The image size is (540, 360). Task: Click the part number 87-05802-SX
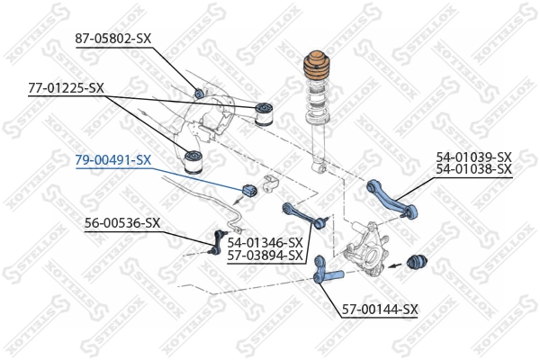tap(112, 40)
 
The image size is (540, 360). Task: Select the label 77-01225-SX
tap(66, 88)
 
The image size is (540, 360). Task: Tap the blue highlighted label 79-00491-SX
tap(112, 159)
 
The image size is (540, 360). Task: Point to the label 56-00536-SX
tap(122, 222)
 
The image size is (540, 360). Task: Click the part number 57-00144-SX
tap(380, 310)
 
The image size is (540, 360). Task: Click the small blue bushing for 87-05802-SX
tap(200, 92)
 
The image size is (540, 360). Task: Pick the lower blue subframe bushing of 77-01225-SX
tap(192, 163)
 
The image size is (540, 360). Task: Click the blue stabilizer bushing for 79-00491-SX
tap(251, 192)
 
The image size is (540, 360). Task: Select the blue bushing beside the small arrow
tap(418, 263)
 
